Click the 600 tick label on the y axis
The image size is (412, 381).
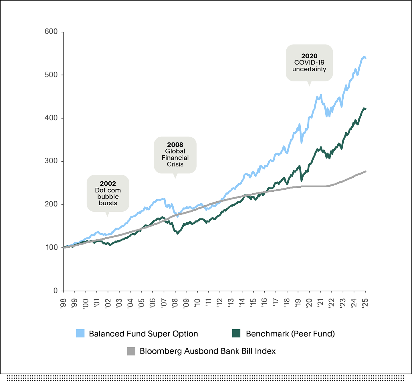pos(51,31)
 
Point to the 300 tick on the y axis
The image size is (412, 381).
pos(51,161)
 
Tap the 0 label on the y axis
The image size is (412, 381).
pos(55,290)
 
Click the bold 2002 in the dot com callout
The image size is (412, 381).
pos(108,184)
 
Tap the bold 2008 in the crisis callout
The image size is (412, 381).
pos(175,145)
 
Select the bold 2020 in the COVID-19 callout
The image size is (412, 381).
pos(309,56)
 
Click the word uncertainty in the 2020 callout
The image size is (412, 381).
pos(309,69)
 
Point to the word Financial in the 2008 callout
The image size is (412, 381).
pos(175,158)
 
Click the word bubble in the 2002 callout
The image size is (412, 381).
pos(108,196)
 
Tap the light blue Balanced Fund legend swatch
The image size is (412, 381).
pos(80,333)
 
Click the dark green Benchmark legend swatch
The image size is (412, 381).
pos(236,333)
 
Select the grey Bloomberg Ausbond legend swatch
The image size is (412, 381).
pos(131,351)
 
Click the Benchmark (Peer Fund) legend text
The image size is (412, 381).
pos(290,334)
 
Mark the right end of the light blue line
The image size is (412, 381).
pos(366,58)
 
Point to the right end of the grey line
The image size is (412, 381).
pos(366,171)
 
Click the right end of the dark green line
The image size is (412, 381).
pos(366,109)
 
